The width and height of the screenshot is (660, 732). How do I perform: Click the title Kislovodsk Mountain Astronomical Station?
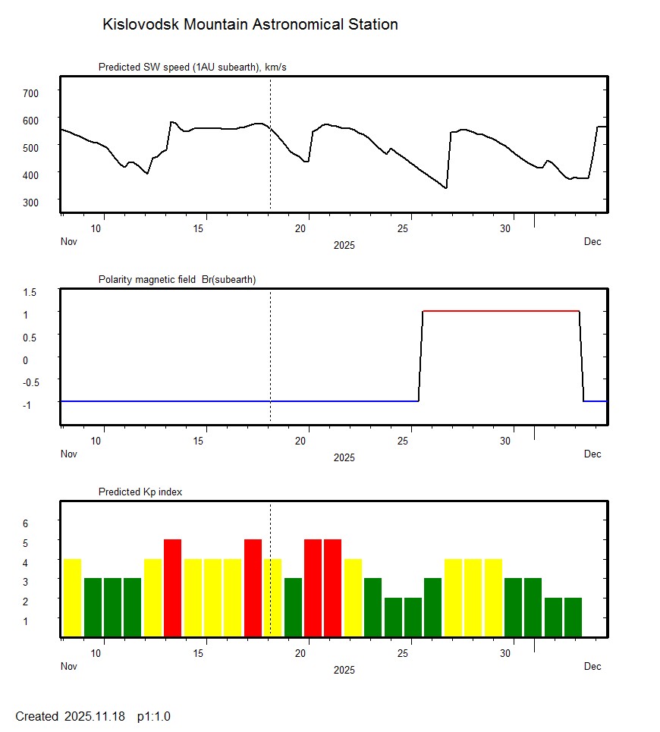[x=250, y=24]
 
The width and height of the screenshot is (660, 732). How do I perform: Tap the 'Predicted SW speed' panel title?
[x=192, y=68]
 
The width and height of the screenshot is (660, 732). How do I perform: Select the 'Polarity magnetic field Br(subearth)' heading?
[x=177, y=279]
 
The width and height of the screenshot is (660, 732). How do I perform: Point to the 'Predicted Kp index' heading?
[x=140, y=492]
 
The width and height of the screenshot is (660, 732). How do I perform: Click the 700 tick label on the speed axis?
[x=30, y=93]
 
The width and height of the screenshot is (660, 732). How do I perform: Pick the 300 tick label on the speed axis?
[x=30, y=202]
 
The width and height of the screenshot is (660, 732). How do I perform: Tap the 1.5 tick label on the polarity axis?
[x=30, y=291]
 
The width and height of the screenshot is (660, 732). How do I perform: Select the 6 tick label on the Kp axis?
[x=24, y=523]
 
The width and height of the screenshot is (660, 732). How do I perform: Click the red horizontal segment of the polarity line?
[x=501, y=311]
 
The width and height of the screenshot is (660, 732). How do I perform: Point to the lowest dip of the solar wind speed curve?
[x=446, y=187]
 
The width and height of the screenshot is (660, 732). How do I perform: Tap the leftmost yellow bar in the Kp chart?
[x=72, y=598]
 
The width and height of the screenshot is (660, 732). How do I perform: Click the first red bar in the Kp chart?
[x=172, y=588]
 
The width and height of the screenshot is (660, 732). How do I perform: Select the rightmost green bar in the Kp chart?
[x=573, y=617]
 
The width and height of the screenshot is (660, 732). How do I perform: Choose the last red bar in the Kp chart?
[x=332, y=588]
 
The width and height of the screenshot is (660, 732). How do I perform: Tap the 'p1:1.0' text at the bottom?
[x=154, y=716]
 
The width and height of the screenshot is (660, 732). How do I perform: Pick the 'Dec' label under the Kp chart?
[x=592, y=666]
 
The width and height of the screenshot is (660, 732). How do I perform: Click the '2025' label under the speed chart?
[x=344, y=245]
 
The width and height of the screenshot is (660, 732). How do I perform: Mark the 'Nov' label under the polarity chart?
[x=69, y=454]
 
